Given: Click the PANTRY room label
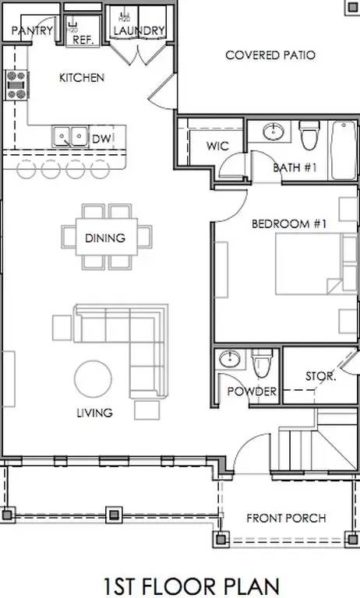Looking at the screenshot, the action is click(x=32, y=30).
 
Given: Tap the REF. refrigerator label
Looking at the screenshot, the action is click(x=83, y=40).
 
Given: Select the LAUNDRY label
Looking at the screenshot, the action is click(x=139, y=30).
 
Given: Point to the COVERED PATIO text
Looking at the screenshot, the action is click(x=270, y=55).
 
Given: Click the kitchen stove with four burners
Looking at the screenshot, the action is click(x=16, y=85).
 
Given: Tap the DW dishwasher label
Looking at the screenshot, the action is click(x=101, y=139).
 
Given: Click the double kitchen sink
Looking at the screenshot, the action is click(x=70, y=136).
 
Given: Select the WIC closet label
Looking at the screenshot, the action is click(x=217, y=146).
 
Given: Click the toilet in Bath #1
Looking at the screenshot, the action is click(x=309, y=135).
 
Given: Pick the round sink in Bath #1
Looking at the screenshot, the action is click(x=274, y=132).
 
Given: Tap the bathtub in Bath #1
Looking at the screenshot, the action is click(x=344, y=149).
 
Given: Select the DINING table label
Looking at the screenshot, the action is click(x=105, y=238).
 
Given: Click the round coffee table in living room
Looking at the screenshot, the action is click(x=94, y=378).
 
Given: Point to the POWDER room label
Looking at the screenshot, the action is click(x=252, y=392).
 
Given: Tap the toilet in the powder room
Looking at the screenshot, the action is click(x=262, y=362).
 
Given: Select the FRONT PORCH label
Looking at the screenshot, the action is click(x=286, y=519).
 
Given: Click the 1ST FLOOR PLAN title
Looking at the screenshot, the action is click(x=192, y=586).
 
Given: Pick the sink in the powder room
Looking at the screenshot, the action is click(x=229, y=359).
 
